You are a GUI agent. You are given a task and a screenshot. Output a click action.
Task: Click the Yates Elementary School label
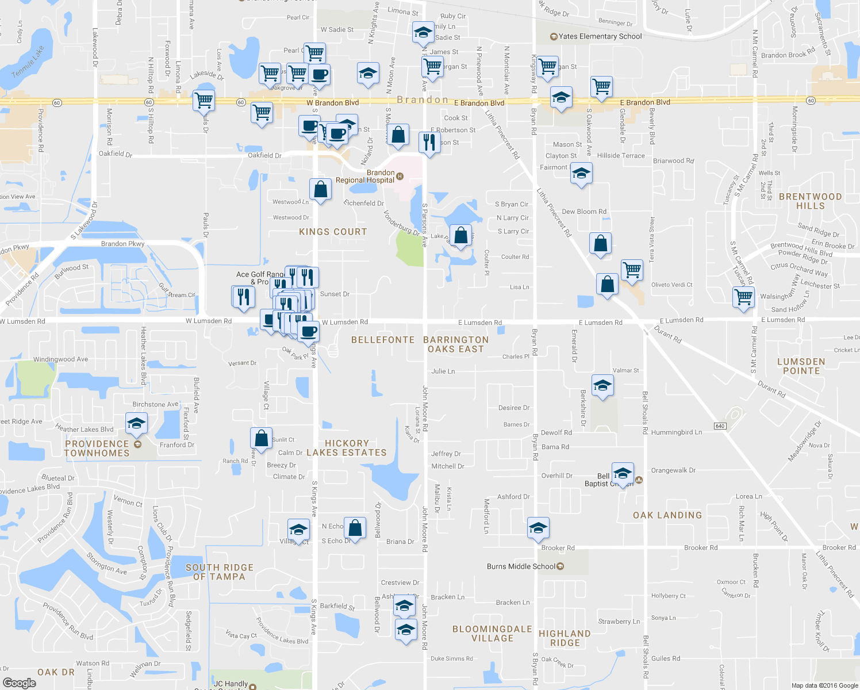pos(600,36)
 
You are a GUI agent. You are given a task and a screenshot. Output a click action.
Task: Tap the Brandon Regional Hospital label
pos(366,176)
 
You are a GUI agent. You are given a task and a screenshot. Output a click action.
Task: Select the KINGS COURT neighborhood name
pos(333,232)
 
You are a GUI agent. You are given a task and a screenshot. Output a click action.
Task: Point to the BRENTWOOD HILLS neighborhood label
pos(810,201)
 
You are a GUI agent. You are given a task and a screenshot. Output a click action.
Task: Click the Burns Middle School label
pos(521,566)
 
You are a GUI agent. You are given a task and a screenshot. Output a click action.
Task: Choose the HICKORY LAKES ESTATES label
pos(347,448)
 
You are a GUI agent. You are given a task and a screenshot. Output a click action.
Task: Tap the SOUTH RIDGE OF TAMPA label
pos(219,572)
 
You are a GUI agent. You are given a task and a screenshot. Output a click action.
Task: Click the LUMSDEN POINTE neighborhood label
pos(801,366)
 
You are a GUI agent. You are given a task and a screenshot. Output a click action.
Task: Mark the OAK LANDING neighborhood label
pos(667,515)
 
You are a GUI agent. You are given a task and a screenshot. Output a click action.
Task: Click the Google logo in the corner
pos(19,683)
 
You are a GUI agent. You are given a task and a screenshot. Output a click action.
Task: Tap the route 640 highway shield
pos(720,426)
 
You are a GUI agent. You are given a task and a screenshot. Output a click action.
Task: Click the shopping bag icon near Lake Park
pos(460,235)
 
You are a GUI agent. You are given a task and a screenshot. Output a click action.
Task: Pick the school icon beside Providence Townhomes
pos(136,424)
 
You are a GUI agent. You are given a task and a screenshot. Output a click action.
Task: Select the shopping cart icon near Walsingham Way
pos(743,297)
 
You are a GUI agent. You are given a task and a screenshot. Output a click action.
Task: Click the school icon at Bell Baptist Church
pos(623,474)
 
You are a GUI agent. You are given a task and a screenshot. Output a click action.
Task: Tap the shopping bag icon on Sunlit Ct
pos(261,438)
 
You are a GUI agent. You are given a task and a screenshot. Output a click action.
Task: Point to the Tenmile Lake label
pos(28,62)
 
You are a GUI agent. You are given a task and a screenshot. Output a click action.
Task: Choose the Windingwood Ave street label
pos(60,359)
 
